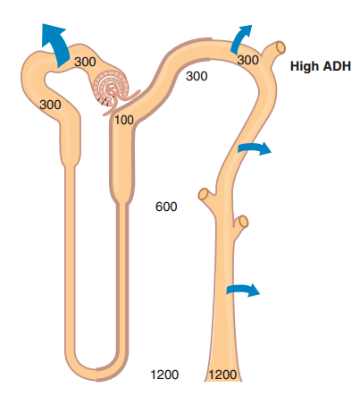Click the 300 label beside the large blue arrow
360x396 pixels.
click(x=85, y=62)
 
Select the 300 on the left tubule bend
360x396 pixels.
click(x=50, y=105)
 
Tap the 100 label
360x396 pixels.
click(x=124, y=120)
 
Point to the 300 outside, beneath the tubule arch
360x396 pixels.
click(x=197, y=76)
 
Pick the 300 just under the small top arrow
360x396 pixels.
click(x=248, y=60)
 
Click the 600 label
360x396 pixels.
click(x=166, y=206)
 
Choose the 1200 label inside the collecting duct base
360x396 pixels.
click(x=222, y=375)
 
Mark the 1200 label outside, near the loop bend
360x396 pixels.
click(x=164, y=375)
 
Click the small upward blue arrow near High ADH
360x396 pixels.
click(x=240, y=38)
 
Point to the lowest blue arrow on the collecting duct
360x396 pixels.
click(x=243, y=290)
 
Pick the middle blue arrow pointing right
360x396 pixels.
click(x=255, y=147)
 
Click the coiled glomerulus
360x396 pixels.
click(x=112, y=88)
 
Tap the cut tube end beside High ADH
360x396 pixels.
click(x=280, y=47)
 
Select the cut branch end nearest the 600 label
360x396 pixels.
click(x=204, y=195)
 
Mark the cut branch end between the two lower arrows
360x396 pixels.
click(x=243, y=222)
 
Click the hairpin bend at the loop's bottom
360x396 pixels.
click(x=96, y=371)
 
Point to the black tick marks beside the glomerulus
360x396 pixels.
click(x=103, y=102)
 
